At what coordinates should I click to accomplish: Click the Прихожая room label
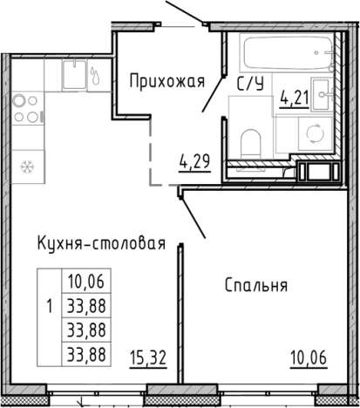point(166,83)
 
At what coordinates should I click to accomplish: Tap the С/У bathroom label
point(251,84)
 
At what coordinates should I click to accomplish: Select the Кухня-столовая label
point(101,243)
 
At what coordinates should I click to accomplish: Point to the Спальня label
point(255,285)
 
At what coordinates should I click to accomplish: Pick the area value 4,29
point(194,161)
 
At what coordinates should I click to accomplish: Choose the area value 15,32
point(148,357)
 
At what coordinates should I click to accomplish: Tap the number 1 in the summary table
point(48,306)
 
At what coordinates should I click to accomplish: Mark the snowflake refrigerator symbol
point(26,165)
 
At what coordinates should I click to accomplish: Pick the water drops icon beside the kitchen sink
point(95,74)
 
